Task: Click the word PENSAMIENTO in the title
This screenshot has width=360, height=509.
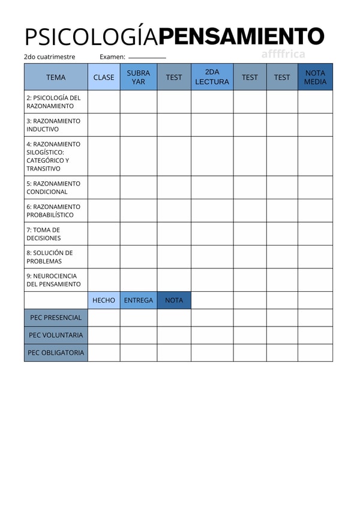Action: point(241,37)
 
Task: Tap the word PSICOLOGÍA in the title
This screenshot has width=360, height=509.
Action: point(91,37)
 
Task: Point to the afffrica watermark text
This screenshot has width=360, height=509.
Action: point(283,54)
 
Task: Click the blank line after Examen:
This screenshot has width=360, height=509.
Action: point(147,58)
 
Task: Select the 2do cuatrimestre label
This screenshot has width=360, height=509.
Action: point(50,57)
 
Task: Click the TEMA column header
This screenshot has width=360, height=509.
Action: point(56,77)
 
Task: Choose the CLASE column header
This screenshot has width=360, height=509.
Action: point(104,77)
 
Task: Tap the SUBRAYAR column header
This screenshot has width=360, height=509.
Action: point(139,77)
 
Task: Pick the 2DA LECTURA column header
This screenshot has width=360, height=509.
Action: point(212,77)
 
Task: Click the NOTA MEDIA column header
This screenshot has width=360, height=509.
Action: point(315,77)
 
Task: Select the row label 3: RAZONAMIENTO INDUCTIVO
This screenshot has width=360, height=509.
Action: point(53,125)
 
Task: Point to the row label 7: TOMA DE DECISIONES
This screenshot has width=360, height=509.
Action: point(44,234)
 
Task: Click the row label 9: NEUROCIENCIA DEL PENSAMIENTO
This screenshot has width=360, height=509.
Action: point(53,280)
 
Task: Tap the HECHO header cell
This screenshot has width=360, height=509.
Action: point(104,300)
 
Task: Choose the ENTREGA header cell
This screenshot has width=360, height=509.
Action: point(139,300)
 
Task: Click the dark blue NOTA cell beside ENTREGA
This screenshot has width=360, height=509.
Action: point(174,300)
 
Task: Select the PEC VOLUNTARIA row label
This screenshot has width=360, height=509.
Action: point(56,335)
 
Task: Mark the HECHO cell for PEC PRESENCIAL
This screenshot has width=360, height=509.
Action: point(104,318)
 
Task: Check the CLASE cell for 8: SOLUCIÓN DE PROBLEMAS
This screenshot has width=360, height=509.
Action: point(104,257)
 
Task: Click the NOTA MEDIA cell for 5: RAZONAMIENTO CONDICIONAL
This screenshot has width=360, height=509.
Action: point(315,188)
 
